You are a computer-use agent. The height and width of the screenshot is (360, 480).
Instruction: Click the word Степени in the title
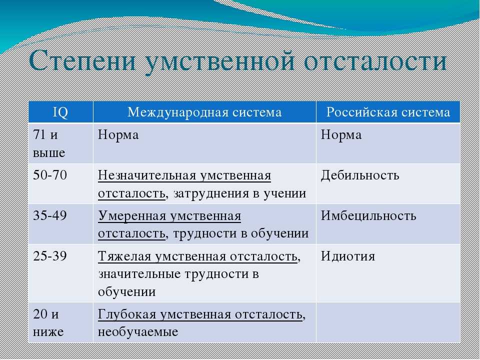click(x=82, y=60)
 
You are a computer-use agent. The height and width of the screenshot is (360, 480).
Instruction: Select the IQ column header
click(x=60, y=112)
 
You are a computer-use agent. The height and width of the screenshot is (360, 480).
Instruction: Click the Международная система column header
click(x=204, y=112)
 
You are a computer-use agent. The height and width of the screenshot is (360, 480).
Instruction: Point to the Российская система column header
click(x=388, y=112)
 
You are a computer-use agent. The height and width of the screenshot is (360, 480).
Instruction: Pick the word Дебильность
click(x=360, y=175)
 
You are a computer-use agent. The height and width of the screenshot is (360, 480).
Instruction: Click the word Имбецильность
click(x=368, y=215)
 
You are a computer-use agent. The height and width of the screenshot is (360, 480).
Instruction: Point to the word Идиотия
click(x=348, y=256)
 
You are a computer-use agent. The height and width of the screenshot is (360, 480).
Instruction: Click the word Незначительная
click(x=146, y=175)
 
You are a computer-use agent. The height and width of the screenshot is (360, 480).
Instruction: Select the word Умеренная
click(x=132, y=216)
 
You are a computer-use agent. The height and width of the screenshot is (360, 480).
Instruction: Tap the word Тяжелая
click(x=124, y=256)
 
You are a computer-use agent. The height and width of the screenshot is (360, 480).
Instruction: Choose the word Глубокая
click(x=127, y=314)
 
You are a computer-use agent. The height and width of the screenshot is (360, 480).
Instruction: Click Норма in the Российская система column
click(x=341, y=134)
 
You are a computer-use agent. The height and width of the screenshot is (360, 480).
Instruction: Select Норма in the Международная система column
click(x=118, y=134)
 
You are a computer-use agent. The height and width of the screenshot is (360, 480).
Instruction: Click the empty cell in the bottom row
click(x=388, y=322)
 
